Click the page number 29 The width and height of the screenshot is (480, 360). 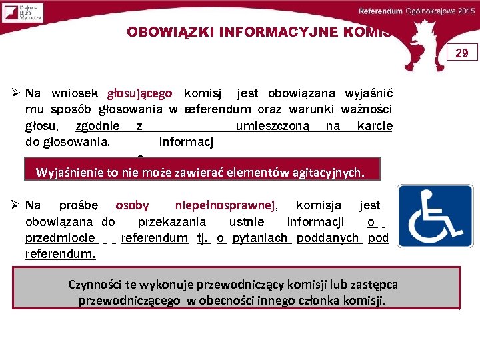tap(461, 53)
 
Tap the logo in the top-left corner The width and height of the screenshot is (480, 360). tap(22, 13)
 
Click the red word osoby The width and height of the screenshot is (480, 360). tap(132, 206)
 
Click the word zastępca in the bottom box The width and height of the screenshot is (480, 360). tap(375, 285)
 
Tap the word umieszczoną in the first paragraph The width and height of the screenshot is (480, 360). tap(272, 126)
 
